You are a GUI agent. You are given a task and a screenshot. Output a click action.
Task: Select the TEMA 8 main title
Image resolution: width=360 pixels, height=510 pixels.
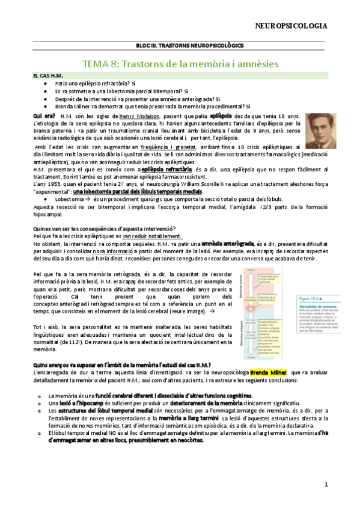click(x=180, y=63)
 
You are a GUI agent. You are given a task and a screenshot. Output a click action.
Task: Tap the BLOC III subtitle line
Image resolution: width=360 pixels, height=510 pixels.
click(x=180, y=46)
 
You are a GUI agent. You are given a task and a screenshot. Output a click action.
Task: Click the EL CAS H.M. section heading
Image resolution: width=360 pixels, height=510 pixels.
click(x=49, y=76)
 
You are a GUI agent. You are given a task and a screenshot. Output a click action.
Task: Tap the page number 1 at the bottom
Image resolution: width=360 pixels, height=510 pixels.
click(x=326, y=484)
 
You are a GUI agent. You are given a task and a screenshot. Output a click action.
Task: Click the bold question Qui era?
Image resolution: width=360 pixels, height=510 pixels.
click(x=45, y=115)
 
